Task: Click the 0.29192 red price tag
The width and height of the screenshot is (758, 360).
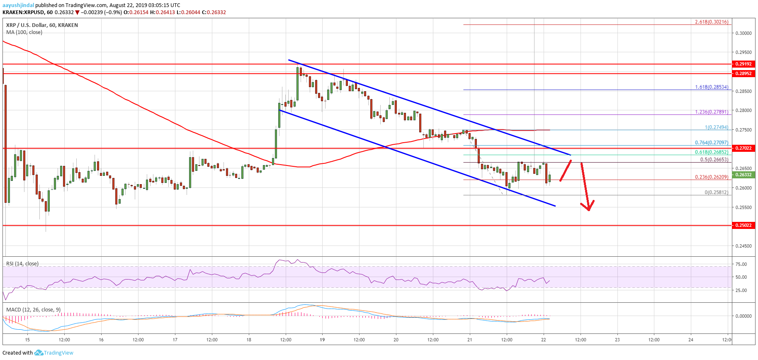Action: (x=743, y=64)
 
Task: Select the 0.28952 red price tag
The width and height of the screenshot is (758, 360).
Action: (x=743, y=73)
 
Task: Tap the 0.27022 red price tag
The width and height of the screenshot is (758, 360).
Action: (x=743, y=148)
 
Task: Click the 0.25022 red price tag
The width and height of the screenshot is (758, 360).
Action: (x=743, y=225)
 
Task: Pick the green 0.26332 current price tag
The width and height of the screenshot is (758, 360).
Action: (x=743, y=175)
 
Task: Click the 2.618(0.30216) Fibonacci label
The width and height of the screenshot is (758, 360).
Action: (x=712, y=22)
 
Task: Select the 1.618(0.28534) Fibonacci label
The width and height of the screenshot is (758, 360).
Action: (x=712, y=87)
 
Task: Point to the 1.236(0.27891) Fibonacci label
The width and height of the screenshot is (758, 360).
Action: (x=712, y=112)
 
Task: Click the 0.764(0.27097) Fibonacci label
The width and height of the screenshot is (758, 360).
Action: (x=712, y=143)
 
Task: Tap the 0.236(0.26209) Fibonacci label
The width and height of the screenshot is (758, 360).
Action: (x=712, y=177)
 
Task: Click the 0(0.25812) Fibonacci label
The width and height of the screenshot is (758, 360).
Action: (x=716, y=192)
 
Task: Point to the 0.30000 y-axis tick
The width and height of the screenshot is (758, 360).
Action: (x=743, y=33)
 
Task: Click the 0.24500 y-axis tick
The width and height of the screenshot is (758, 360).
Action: (x=743, y=246)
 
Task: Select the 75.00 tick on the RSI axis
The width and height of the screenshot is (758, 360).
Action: (x=741, y=264)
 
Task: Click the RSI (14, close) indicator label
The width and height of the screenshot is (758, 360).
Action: (x=22, y=264)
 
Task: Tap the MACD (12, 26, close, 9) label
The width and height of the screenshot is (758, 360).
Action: (x=33, y=310)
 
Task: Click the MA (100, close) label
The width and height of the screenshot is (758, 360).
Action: (x=24, y=32)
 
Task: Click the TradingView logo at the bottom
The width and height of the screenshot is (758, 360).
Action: (x=54, y=353)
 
